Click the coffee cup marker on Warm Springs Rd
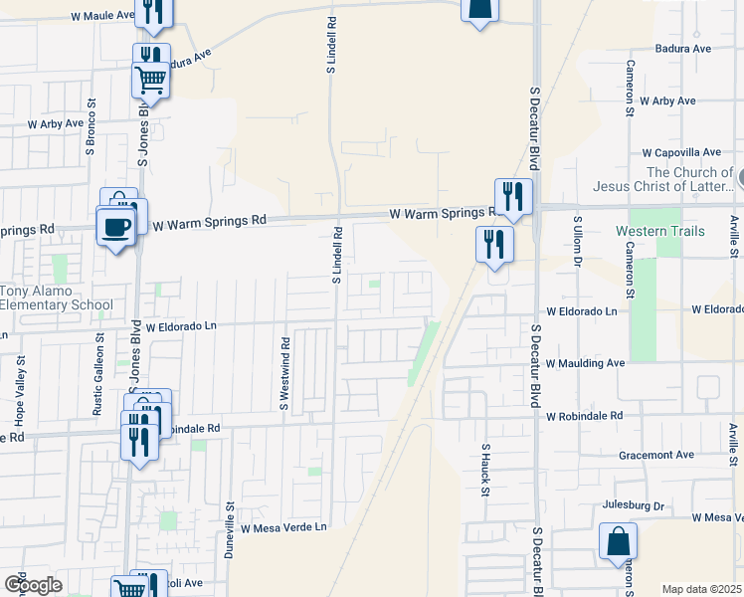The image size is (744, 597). [116, 227]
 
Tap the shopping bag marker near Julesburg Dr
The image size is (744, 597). [618, 543]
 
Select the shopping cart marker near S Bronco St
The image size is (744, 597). [150, 79]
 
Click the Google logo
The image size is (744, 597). [33, 585]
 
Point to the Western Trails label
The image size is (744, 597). [660, 231]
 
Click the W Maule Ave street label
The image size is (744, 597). [103, 16]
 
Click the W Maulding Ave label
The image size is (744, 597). [585, 364]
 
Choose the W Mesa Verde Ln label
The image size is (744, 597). [282, 527]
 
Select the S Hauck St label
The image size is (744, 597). [486, 473]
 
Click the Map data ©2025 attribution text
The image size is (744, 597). [701, 589]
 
